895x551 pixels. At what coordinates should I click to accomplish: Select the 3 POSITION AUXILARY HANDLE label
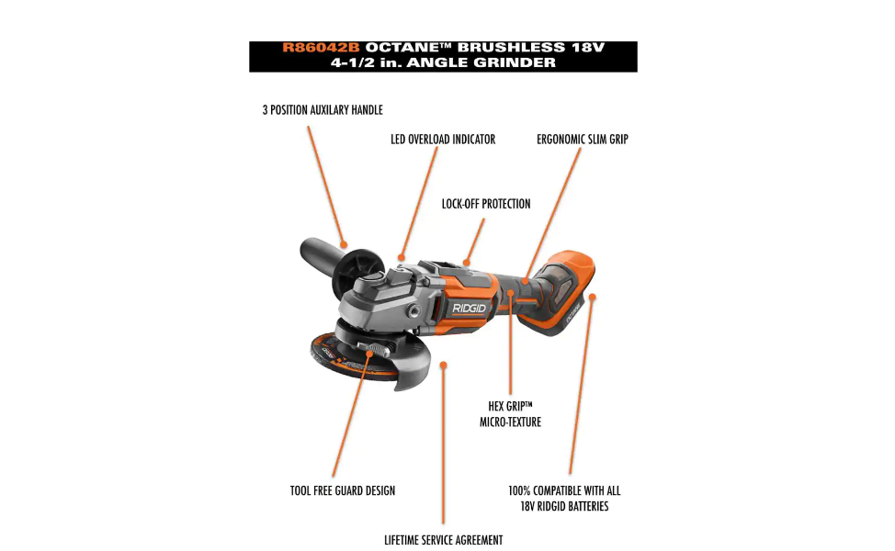point(322,110)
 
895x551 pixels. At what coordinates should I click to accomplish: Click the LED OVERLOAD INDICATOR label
point(443,140)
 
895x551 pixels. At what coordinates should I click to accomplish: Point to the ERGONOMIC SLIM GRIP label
point(583,140)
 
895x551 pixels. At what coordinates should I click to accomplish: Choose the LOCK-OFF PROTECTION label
point(486,204)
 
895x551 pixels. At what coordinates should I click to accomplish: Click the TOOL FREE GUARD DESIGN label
point(343,490)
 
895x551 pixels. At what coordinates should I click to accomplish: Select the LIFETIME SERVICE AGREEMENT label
point(443,540)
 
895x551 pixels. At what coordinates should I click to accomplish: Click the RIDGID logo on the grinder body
point(469,309)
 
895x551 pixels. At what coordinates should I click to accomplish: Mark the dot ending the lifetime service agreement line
point(444,365)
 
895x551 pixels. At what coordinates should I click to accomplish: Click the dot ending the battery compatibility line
point(593,297)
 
